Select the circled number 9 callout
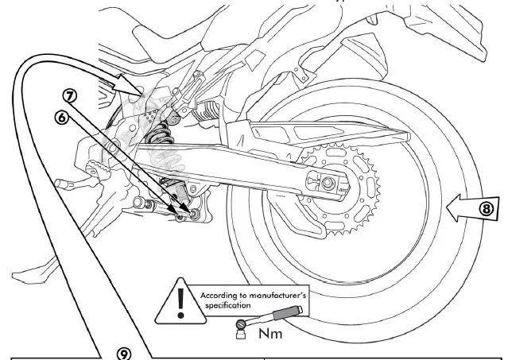click(124, 351)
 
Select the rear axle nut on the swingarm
click(325, 184)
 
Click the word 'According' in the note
click(219, 293)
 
